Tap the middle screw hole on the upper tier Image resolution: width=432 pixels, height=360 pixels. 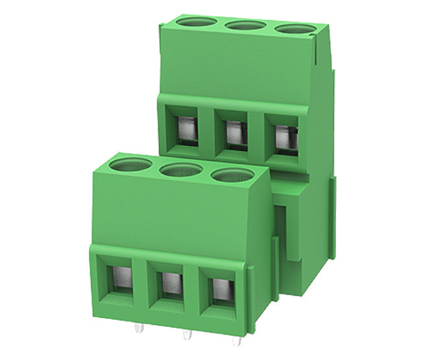pyautogui.click(x=246, y=26)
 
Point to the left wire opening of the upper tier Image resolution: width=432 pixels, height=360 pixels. pyautogui.click(x=186, y=128)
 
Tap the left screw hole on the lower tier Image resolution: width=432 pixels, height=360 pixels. pyautogui.click(x=130, y=165)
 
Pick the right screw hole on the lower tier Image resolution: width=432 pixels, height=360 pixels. pyautogui.click(x=232, y=175)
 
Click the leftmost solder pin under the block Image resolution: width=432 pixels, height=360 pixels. pyautogui.click(x=138, y=328)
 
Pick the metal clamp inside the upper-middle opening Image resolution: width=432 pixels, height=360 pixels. pyautogui.click(x=235, y=132)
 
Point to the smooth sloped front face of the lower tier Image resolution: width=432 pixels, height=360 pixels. pyautogui.click(x=175, y=214)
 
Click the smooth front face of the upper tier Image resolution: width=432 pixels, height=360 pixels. pyautogui.click(x=240, y=65)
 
